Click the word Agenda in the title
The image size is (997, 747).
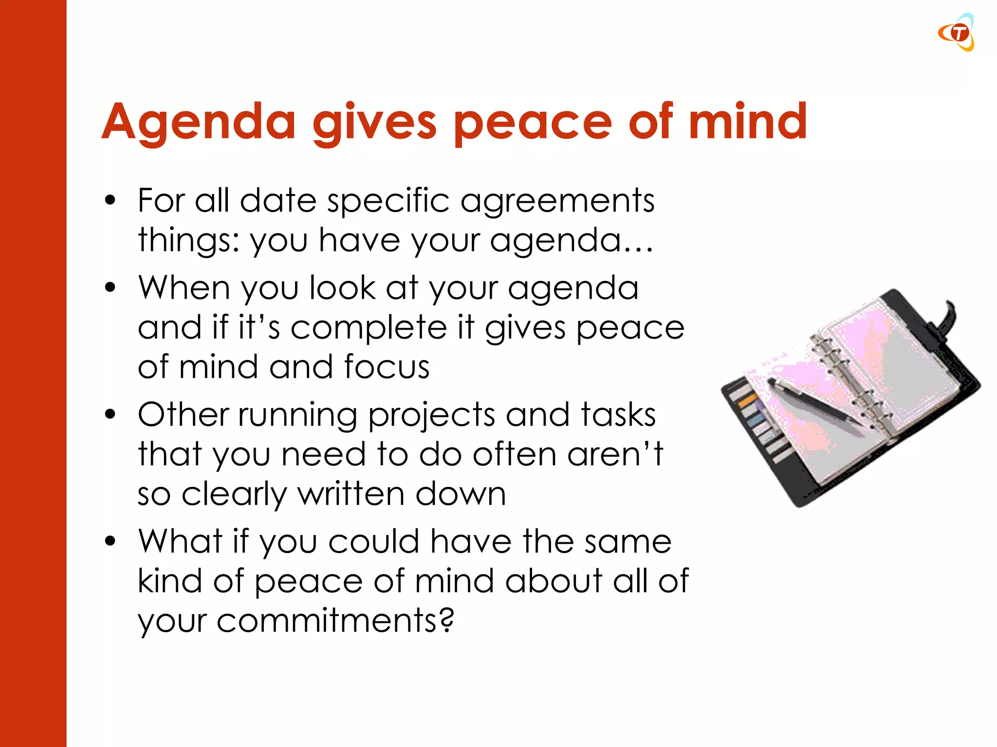pos(199,123)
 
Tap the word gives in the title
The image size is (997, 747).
pos(375,123)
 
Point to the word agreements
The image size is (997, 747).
pos(557,201)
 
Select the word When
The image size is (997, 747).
pos(184,288)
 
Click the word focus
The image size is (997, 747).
pos(387,367)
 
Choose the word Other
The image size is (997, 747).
pos(183,415)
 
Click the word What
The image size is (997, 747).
pos(180,542)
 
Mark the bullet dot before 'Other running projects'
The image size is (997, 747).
pos(111,414)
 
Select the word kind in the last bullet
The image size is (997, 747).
pos(169,581)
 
